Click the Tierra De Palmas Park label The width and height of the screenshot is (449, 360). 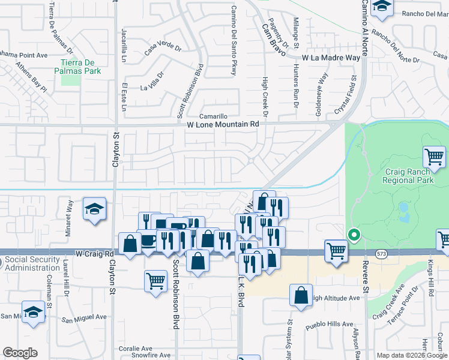click(80, 66)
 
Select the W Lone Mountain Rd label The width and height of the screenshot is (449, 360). click(223, 124)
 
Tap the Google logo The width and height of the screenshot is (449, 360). click(20, 353)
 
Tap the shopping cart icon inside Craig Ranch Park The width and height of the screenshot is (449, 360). click(434, 158)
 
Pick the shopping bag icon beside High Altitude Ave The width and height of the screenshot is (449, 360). click(301, 295)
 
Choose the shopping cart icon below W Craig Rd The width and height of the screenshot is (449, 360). click(155, 280)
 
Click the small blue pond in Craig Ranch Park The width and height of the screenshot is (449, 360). click(403, 208)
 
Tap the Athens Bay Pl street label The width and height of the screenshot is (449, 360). click(31, 77)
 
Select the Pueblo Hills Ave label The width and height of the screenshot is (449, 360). click(329, 325)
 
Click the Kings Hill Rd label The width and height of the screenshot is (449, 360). click(430, 275)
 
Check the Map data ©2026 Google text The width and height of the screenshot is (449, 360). click(411, 355)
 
